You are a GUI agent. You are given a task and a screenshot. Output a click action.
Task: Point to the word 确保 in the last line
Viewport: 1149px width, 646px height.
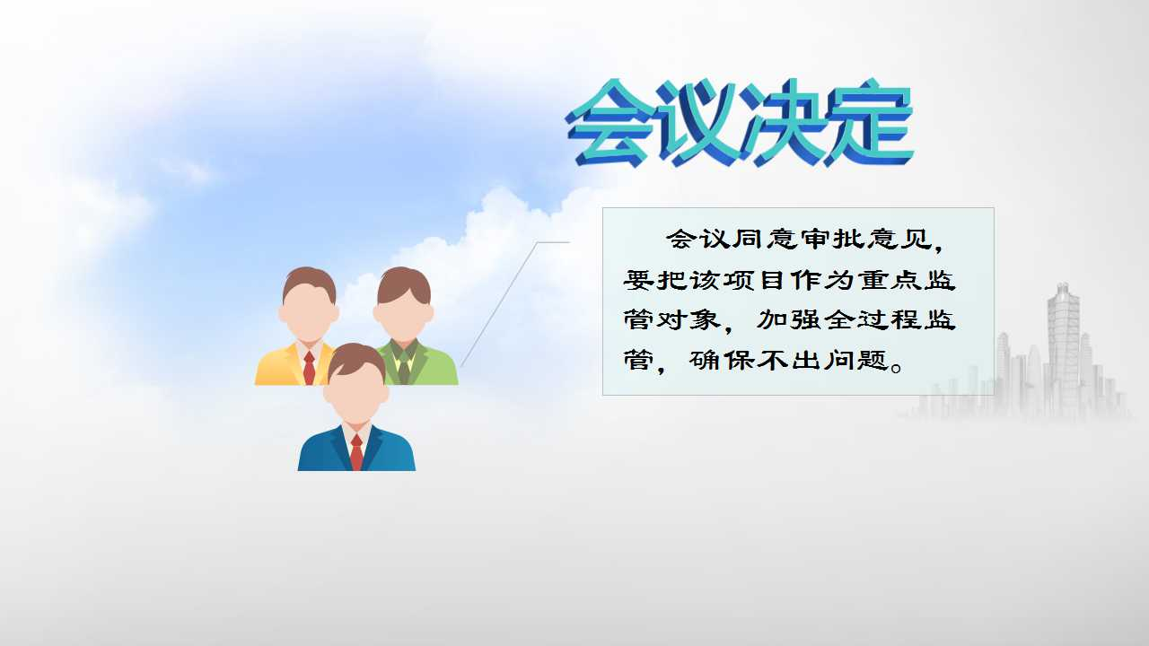point(721,361)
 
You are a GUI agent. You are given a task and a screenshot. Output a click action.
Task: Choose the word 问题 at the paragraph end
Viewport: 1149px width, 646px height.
point(856,361)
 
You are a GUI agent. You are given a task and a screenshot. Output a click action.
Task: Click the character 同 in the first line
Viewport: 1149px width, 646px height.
point(748,239)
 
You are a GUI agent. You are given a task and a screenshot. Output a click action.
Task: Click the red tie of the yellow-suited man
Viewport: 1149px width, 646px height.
point(309,368)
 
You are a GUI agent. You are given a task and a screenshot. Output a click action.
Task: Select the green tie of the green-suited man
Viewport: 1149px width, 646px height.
point(404,369)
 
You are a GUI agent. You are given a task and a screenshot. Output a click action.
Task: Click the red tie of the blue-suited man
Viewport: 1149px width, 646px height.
point(356,452)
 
